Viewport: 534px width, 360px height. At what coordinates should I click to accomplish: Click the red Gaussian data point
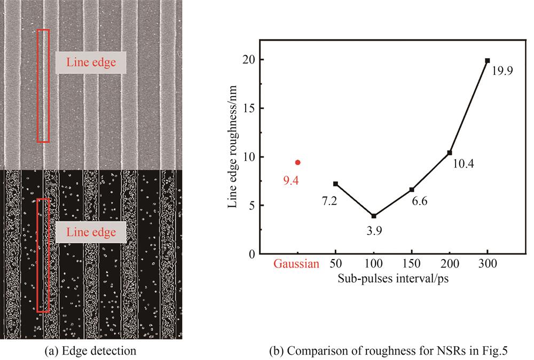pos(298,162)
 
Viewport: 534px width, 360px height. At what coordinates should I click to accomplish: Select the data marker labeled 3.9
pos(374,216)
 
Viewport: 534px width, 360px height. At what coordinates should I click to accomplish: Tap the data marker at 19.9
pos(487,61)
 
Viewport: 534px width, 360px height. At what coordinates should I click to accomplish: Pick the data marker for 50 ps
pos(335,184)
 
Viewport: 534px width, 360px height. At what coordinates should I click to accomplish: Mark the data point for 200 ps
pos(450,153)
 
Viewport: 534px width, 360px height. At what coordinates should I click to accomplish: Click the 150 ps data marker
pos(412,190)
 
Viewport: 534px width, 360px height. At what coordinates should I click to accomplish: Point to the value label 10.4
pos(464,165)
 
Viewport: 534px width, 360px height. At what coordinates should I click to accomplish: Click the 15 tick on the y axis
pos(250,108)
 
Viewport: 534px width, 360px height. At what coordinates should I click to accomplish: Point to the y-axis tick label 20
pos(249,60)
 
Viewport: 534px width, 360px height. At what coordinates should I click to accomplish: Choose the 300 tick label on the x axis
pos(488,264)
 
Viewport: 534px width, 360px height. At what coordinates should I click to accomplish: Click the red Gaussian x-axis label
pos(297,264)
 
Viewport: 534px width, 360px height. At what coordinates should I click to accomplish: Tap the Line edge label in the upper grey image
pos(91,62)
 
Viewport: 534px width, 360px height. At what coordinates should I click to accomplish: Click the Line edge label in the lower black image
pos(91,232)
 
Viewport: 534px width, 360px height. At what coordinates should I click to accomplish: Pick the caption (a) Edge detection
pos(91,351)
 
